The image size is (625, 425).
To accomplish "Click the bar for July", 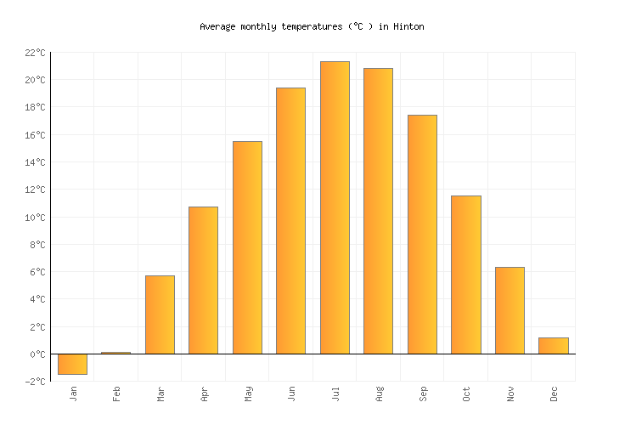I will (x=335, y=207).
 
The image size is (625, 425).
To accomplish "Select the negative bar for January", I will (x=72, y=364).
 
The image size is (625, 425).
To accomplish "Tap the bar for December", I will (x=553, y=345).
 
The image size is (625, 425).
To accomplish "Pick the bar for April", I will (x=203, y=280).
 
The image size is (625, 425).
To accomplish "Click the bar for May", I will (x=247, y=247).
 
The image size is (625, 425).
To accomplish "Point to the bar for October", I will (x=465, y=275).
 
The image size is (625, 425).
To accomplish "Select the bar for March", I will (x=160, y=314).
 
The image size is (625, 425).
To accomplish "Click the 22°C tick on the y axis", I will (x=35, y=53).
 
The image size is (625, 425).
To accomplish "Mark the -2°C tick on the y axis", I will (x=33, y=382).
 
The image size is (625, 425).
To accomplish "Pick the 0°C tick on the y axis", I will (x=37, y=354).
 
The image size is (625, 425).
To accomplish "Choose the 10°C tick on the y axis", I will (x=35, y=218).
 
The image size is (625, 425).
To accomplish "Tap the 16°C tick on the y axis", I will (x=35, y=135).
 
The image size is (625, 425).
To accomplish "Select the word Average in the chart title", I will (x=217, y=27).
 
